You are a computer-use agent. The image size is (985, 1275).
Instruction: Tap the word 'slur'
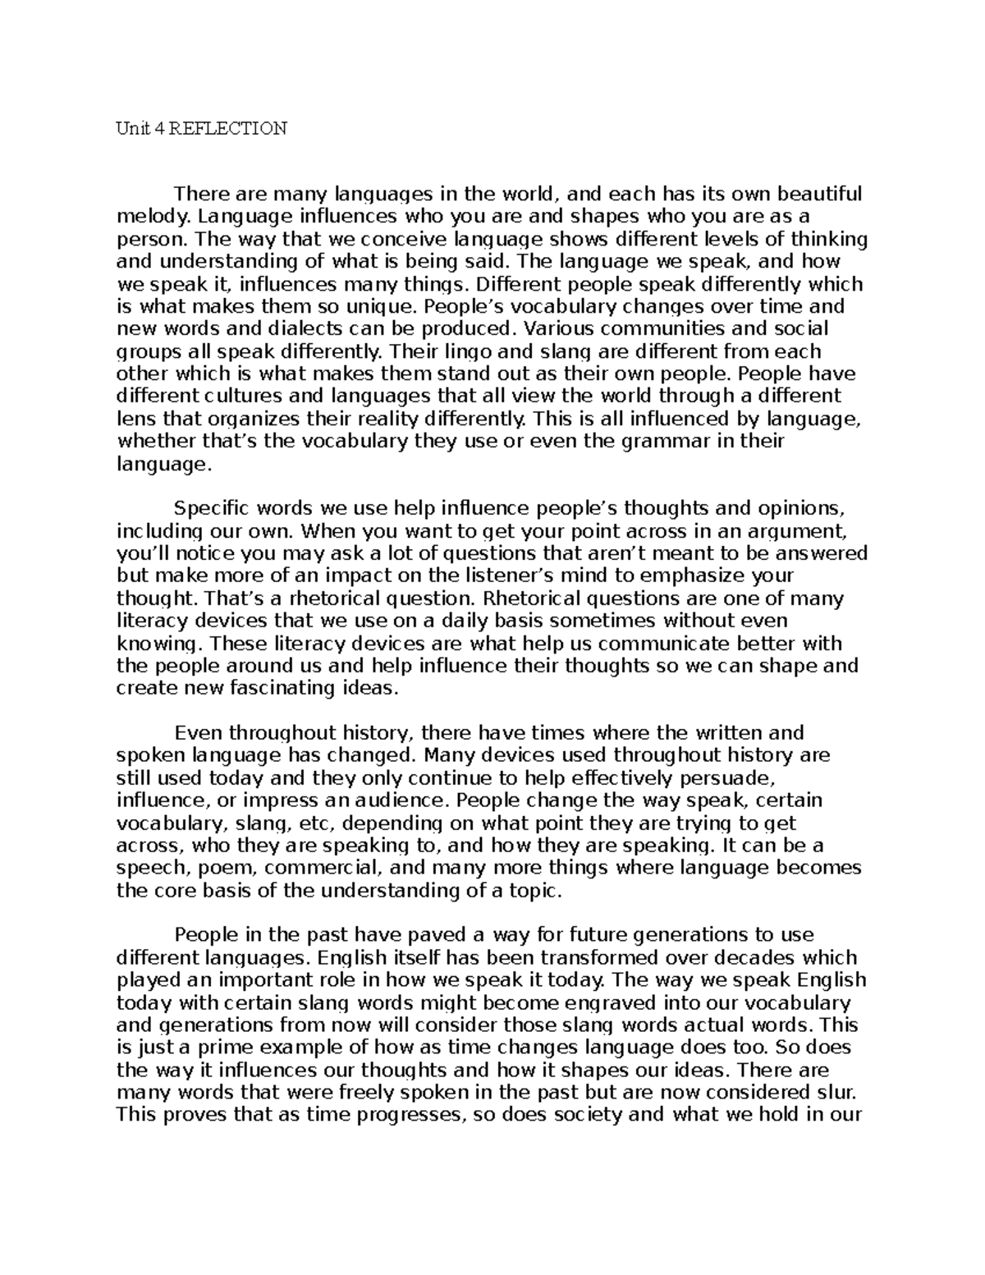[x=841, y=1093]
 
